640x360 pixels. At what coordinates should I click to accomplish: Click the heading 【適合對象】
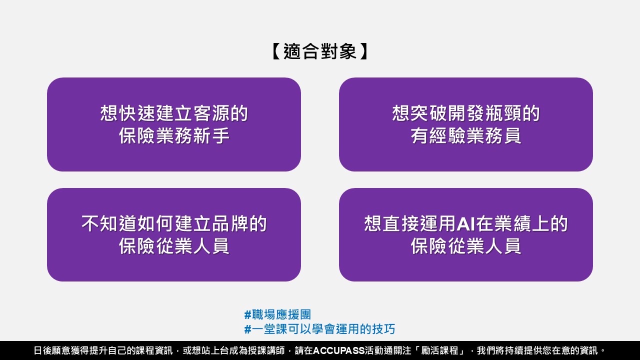(319, 51)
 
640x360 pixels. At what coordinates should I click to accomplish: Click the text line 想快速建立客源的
(174, 113)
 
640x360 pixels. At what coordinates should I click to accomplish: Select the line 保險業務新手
(174, 135)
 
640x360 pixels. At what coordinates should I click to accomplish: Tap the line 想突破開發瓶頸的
(466, 113)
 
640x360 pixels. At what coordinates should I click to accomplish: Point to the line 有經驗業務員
(466, 135)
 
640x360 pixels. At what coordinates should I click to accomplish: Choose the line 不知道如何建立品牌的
(174, 223)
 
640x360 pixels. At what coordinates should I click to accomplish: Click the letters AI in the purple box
(466, 223)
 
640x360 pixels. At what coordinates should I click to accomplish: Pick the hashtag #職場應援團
(277, 315)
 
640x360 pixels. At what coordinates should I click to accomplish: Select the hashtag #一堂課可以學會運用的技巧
(319, 329)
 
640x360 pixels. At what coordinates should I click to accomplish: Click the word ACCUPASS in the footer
(339, 350)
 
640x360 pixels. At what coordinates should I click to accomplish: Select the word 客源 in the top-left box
(211, 113)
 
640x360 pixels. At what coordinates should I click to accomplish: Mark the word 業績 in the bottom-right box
(513, 223)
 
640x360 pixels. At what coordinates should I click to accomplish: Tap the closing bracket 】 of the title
(364, 51)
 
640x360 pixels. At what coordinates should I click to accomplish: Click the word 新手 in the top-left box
(211, 135)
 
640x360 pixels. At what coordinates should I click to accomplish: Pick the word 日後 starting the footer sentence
(43, 350)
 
